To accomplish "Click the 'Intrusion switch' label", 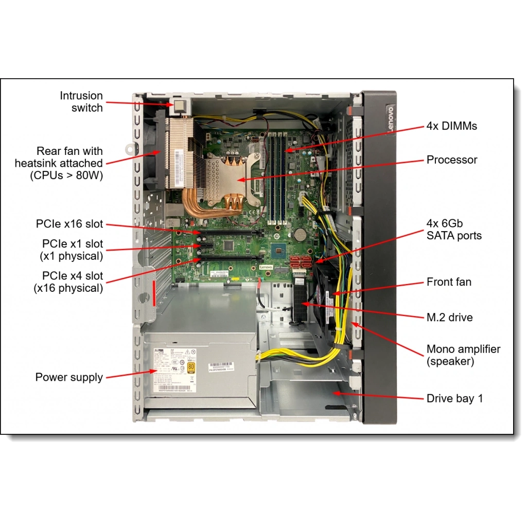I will tap(81, 102).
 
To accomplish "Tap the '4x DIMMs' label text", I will tap(451, 126).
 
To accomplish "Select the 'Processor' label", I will tap(451, 160).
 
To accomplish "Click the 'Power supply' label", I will tap(69, 377).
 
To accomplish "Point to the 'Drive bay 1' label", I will tap(454, 398).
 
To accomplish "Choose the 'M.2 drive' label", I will tap(449, 318).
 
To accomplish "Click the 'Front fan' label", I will tap(449, 282).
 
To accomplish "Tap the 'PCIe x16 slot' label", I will tap(69, 224).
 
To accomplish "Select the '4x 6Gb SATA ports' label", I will tap(454, 230).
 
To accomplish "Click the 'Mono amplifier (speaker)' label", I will tap(463, 355).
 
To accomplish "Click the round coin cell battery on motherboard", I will tap(300, 235).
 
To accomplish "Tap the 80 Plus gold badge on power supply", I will tap(191, 367).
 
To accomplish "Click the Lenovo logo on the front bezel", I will tap(390, 120).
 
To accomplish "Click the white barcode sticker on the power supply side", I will tap(221, 367).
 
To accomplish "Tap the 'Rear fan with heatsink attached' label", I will tap(59, 164).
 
